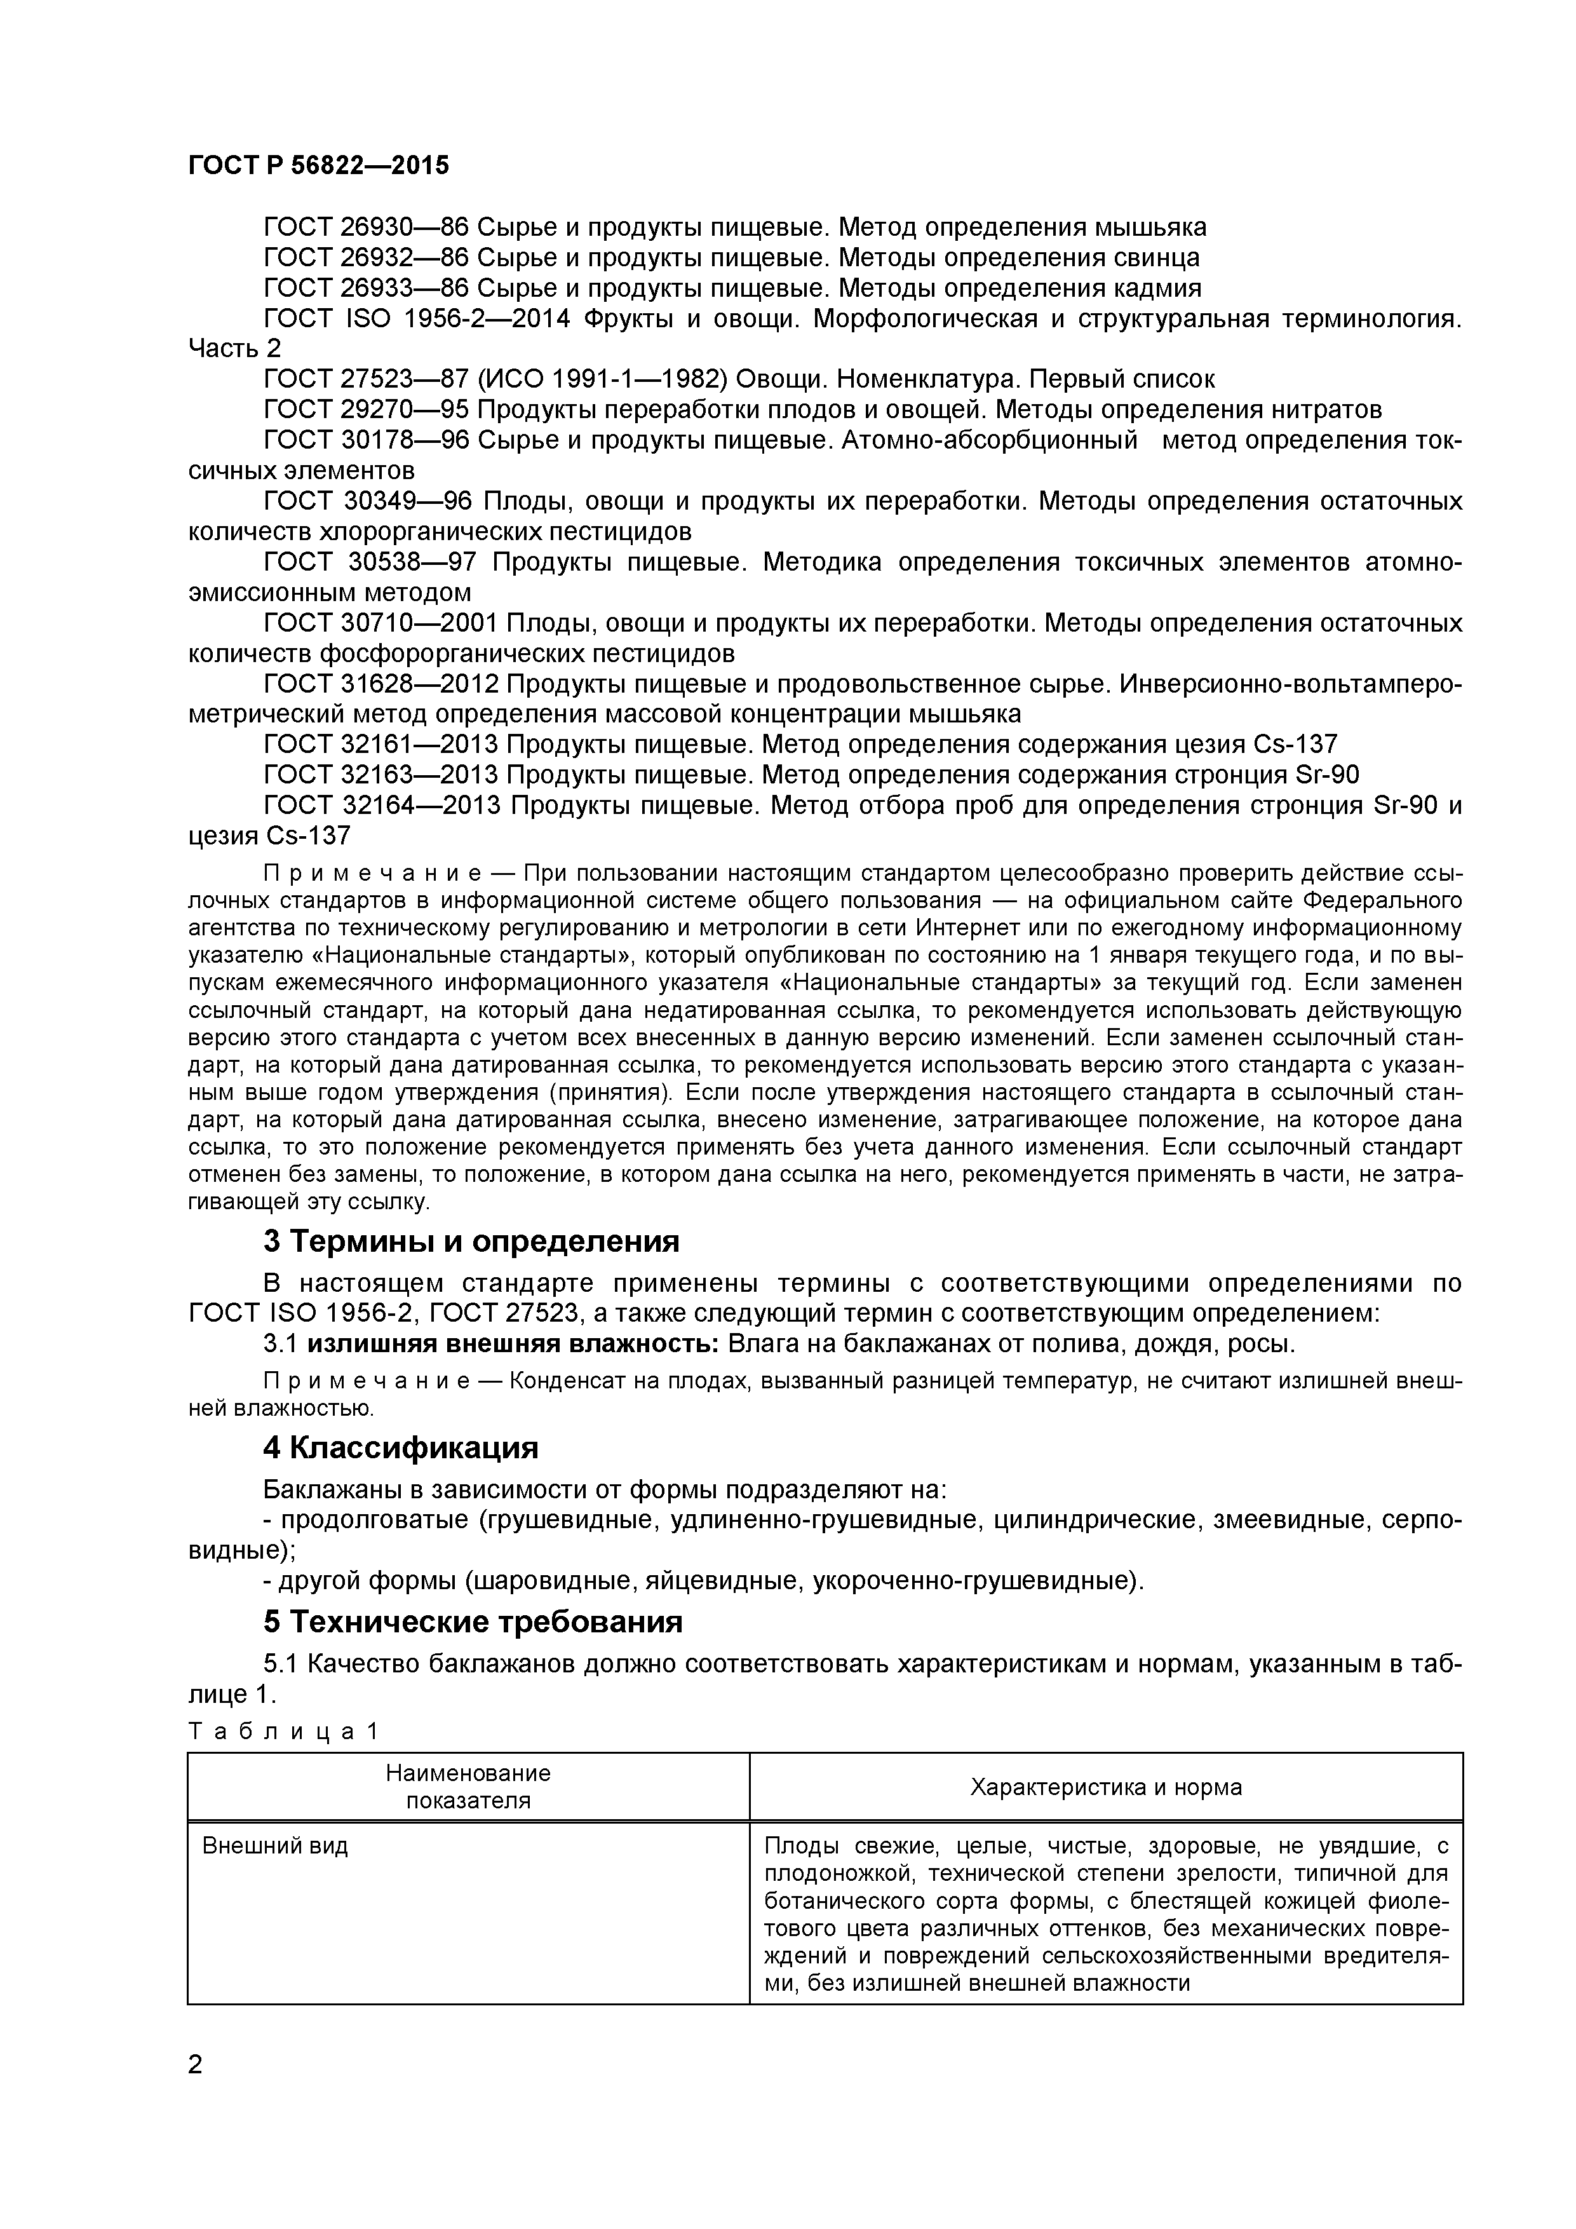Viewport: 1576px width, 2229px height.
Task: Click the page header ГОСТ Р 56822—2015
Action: click(x=318, y=166)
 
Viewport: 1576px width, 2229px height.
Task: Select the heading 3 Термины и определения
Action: click(x=471, y=1241)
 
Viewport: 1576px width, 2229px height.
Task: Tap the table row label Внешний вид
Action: click(x=274, y=1845)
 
